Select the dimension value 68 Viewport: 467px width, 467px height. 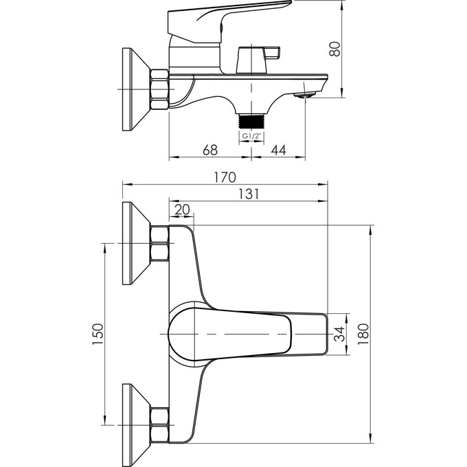211,149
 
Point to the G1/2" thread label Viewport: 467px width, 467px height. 252,136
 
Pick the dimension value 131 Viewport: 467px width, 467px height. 249,194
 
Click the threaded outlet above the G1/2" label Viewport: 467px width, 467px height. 251,120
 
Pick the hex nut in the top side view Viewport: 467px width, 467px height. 160,90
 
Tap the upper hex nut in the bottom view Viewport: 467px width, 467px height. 160,244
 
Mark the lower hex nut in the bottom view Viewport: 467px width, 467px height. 160,424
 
